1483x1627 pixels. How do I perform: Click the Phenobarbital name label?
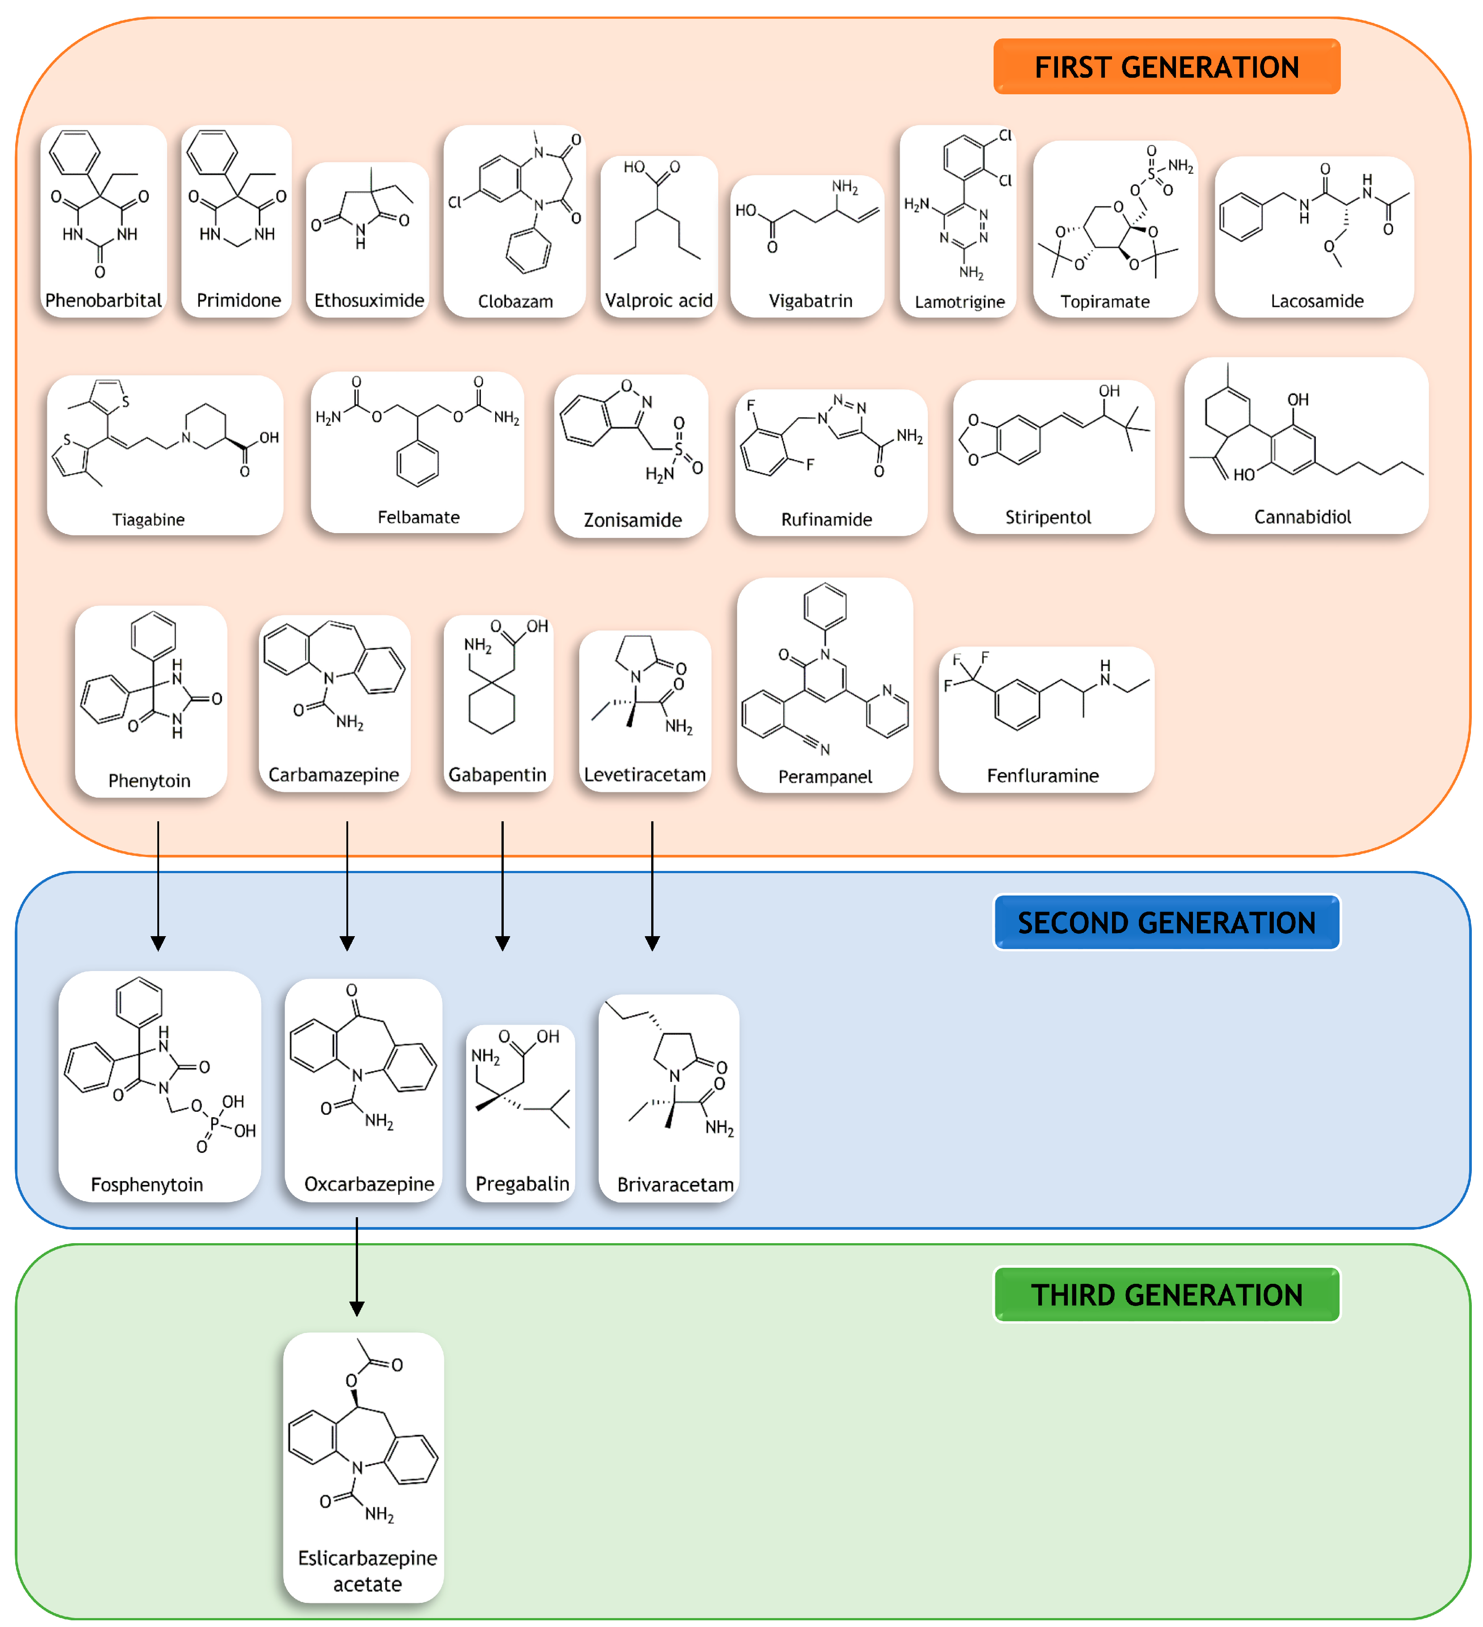pos(103,300)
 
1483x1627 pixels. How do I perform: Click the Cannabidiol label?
pos(1302,517)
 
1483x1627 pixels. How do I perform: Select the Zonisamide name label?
pos(632,520)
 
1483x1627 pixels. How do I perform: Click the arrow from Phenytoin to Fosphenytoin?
pos(158,884)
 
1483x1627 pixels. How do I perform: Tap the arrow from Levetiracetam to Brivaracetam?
pos(652,884)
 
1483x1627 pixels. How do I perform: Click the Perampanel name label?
pos(825,776)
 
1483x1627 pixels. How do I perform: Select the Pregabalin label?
pos(522,1184)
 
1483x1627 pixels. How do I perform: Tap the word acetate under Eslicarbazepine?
pos(367,1584)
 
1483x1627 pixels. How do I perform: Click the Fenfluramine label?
pos(1042,776)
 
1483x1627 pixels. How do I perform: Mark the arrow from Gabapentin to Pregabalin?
pos(502,884)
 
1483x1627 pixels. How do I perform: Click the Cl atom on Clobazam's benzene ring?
pos(455,202)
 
